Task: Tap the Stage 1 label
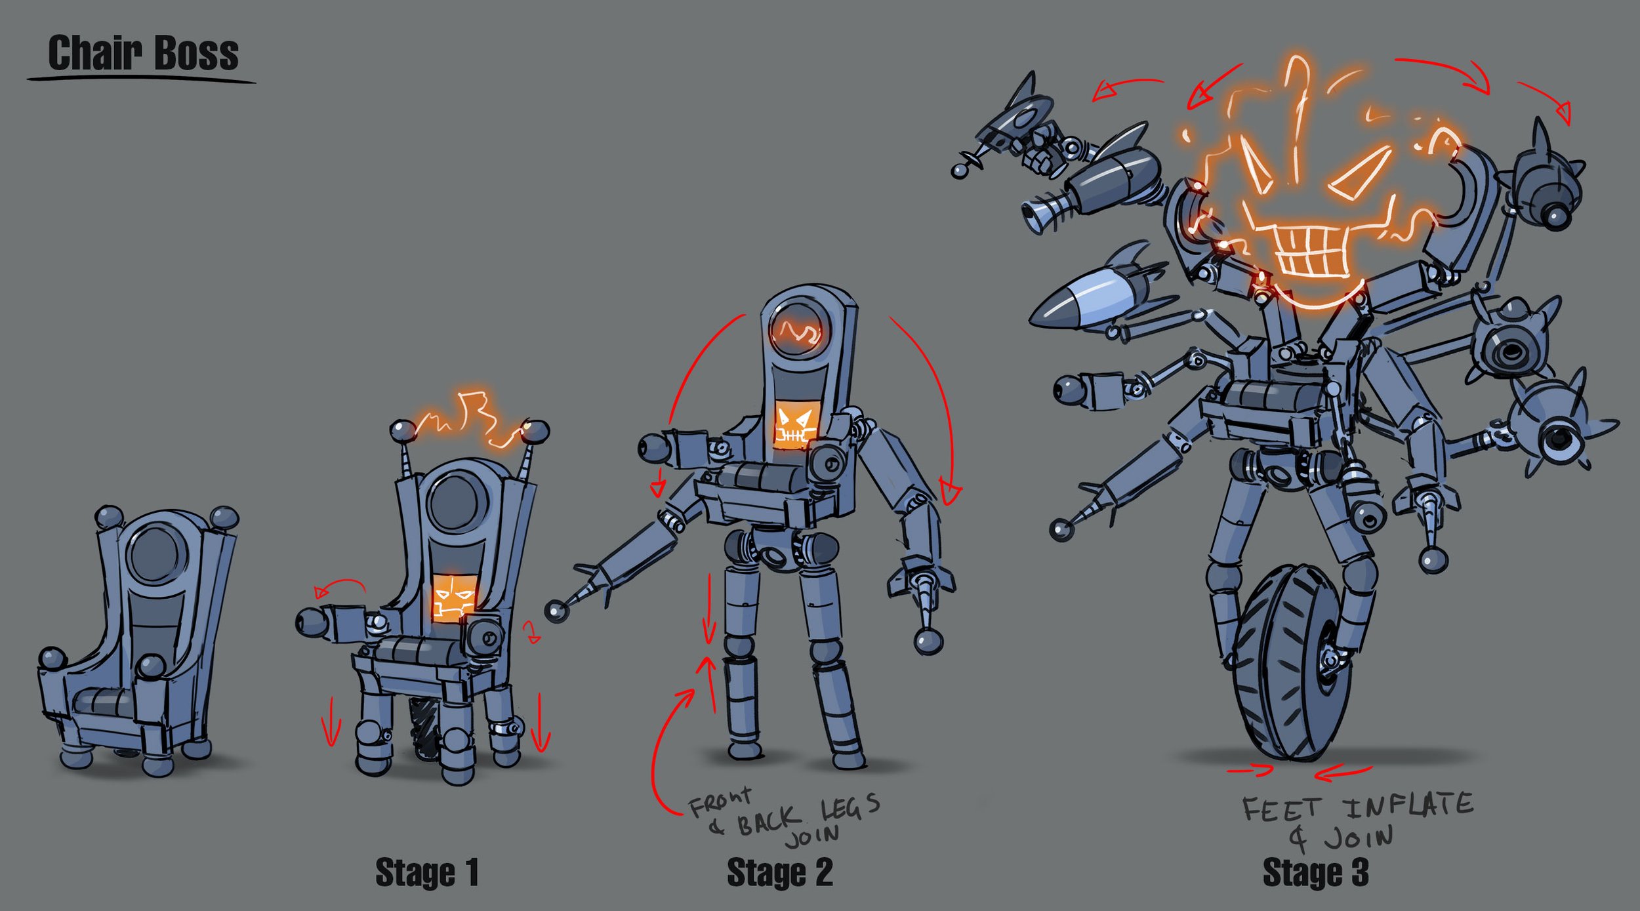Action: (x=426, y=873)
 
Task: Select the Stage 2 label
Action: (x=779, y=873)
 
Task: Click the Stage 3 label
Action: (x=1315, y=873)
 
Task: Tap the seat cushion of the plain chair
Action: (x=105, y=703)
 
